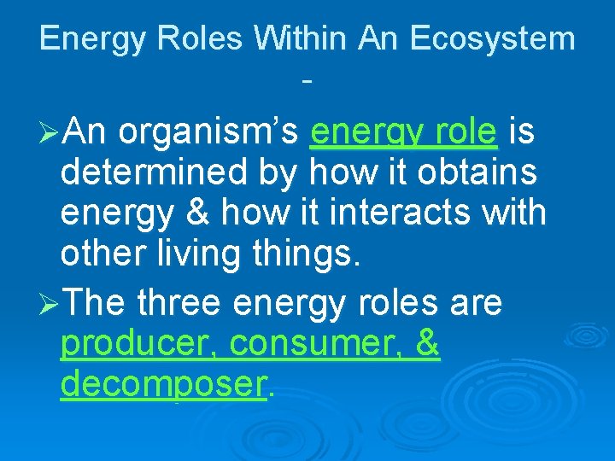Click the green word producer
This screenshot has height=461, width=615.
140,344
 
